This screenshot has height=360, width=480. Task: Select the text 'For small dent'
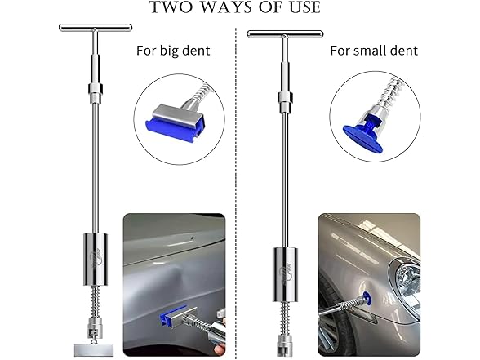tap(374, 51)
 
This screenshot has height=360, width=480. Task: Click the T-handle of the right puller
tap(285, 35)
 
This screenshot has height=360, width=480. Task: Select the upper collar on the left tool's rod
tap(94, 89)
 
